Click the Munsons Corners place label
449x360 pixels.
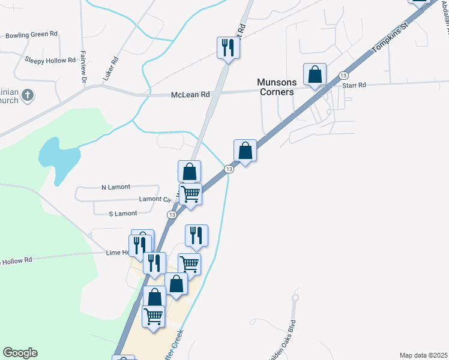point(276,87)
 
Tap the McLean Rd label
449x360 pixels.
point(190,95)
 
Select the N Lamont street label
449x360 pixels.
point(116,187)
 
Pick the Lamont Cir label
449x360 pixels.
point(155,199)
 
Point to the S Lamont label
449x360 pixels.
point(123,214)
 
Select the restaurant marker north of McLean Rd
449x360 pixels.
point(228,47)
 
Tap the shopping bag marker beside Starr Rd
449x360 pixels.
point(315,74)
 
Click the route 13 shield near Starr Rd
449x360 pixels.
point(343,75)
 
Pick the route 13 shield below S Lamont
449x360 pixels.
point(172,214)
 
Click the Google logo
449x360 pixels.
point(20,353)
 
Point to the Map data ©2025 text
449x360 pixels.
point(424,355)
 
